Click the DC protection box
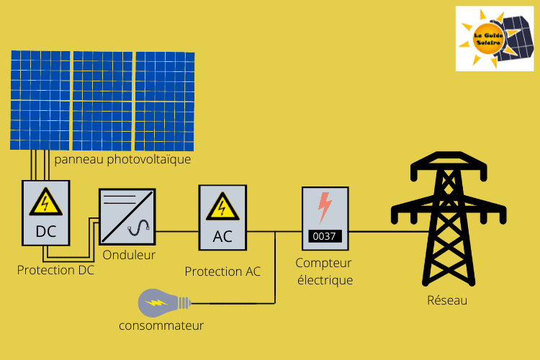click(46, 212)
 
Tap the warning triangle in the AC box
click(222, 208)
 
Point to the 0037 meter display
click(325, 235)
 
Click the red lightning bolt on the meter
click(325, 207)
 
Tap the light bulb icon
click(163, 303)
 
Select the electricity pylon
click(445, 216)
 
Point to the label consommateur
click(161, 325)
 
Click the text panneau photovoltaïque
click(122, 159)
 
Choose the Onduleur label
click(129, 255)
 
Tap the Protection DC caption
click(55, 271)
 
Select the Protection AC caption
click(222, 271)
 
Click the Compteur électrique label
click(325, 272)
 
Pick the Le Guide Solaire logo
click(493, 38)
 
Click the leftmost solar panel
click(40, 99)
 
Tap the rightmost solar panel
click(165, 99)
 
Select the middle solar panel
click(103, 99)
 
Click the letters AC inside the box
click(222, 236)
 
